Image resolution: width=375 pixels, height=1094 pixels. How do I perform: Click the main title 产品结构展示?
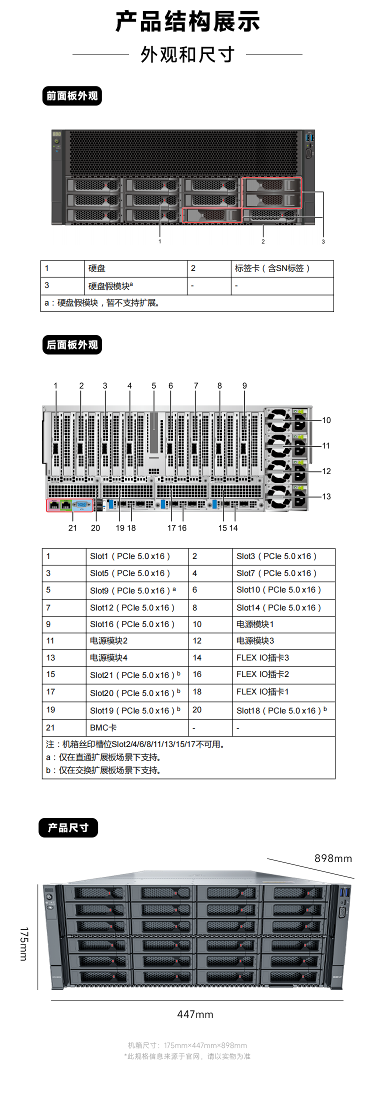click(187, 21)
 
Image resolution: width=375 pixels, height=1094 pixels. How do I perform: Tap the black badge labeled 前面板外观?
click(72, 96)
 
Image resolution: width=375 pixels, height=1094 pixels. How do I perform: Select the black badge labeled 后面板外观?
click(72, 345)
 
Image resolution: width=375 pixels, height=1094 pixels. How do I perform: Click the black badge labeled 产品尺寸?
click(68, 827)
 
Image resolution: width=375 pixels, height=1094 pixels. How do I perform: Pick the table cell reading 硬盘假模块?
click(110, 286)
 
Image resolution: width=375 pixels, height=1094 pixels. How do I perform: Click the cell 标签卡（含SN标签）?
click(272, 268)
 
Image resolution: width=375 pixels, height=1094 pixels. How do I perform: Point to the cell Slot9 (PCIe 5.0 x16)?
click(133, 590)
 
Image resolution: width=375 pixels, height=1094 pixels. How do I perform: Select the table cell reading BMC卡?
click(103, 728)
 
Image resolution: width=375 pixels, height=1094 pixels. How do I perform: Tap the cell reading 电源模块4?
click(108, 658)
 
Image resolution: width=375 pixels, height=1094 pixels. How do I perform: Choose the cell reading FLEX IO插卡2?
click(262, 674)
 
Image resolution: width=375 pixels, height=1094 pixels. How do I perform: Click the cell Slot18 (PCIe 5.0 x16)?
click(281, 710)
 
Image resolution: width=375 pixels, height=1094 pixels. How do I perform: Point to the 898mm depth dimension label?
click(333, 858)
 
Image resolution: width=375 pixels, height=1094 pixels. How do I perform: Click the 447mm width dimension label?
click(195, 1014)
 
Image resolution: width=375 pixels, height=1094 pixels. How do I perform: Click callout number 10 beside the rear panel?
click(326, 420)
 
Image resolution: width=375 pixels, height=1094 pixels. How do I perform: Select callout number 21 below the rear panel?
click(72, 528)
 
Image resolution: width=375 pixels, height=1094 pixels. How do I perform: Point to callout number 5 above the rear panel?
click(154, 386)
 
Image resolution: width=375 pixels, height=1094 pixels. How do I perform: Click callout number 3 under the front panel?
click(323, 241)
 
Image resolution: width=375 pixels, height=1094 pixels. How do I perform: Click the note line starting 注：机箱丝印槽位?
click(136, 744)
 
